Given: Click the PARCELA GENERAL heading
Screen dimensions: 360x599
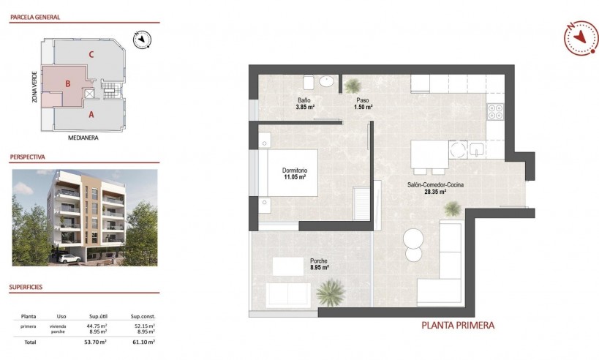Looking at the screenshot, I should (x=34, y=17).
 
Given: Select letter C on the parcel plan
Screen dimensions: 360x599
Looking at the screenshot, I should (x=90, y=54).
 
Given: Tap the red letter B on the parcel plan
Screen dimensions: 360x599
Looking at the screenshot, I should (x=67, y=83).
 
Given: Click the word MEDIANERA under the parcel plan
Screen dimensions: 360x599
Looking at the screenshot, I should (x=83, y=137).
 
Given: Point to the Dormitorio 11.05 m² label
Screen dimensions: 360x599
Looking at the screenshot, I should (x=294, y=173).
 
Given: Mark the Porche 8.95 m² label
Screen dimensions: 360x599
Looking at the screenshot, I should (x=318, y=264).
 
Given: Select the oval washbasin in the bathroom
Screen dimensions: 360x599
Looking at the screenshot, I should (x=327, y=80).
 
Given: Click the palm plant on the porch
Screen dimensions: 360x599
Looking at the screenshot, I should (x=330, y=294).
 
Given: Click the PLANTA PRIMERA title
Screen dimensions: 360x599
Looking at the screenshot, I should (x=459, y=326).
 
